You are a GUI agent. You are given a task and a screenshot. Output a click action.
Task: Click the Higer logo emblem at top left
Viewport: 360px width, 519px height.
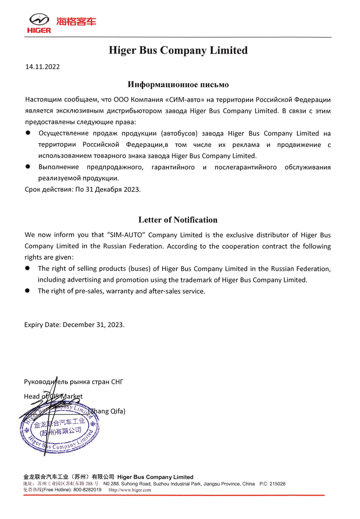(39, 20)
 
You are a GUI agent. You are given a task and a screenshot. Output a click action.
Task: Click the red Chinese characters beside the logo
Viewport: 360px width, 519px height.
(76, 21)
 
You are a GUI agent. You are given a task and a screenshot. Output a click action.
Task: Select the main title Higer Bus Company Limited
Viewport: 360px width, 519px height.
(178, 50)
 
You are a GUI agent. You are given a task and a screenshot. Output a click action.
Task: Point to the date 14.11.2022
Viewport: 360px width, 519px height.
(42, 66)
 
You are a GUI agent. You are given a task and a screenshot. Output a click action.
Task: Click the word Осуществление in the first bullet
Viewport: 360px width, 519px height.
(65, 133)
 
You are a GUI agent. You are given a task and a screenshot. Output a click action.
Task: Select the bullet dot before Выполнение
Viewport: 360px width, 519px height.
(28, 167)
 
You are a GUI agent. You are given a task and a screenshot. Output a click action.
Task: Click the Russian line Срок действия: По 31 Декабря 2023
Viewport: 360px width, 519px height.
(82, 189)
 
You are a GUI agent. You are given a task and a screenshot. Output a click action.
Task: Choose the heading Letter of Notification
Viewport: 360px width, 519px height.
(178, 220)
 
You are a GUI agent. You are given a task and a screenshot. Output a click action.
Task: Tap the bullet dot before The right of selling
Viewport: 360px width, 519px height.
(28, 268)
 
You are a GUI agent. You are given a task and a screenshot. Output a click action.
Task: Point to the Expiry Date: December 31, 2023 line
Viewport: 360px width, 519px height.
(74, 325)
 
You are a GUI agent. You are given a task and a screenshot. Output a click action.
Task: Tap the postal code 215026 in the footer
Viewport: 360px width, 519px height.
(277, 484)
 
